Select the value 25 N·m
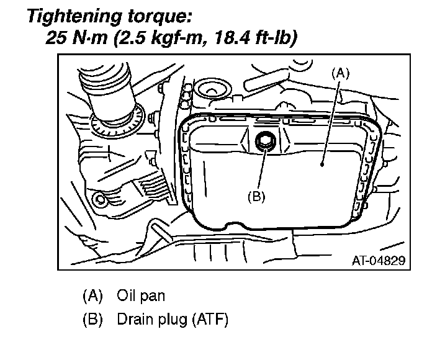(77, 37)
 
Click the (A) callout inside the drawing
(340, 73)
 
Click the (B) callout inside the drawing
(256, 196)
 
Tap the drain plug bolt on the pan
(265, 142)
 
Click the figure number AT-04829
(379, 261)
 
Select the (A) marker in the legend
(92, 295)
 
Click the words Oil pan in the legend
(141, 295)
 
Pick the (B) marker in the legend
(92, 319)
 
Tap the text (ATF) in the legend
(210, 319)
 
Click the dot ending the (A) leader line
(322, 164)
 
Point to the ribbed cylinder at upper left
(109, 90)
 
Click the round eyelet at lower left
(101, 200)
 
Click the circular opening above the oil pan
(214, 91)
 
